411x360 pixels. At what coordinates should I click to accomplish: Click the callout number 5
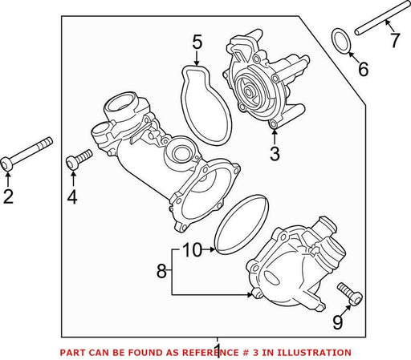(197, 42)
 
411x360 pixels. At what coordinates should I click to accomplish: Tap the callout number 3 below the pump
(275, 154)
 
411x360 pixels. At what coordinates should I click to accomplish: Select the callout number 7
(395, 40)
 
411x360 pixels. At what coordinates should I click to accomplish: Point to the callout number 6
(363, 69)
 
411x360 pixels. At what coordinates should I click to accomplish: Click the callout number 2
(8, 196)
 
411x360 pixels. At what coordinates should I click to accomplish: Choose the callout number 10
(193, 250)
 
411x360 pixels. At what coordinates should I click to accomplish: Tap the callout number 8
(161, 271)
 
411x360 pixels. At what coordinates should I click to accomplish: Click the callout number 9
(338, 322)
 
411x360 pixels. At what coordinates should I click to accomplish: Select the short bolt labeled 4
(79, 160)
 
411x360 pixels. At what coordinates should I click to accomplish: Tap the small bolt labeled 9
(350, 294)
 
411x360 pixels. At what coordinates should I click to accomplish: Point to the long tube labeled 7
(383, 18)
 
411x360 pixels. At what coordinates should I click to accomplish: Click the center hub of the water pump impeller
(249, 92)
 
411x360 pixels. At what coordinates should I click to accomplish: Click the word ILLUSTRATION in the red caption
(314, 353)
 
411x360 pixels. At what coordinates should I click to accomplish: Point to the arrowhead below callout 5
(197, 63)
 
